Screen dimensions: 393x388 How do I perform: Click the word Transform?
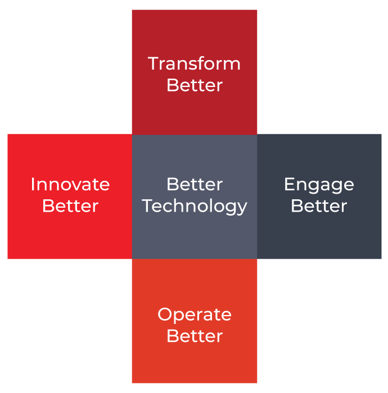(x=194, y=63)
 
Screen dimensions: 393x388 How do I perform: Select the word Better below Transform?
(x=195, y=85)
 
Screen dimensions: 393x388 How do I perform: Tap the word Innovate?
(x=70, y=184)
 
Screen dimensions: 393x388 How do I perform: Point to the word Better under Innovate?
(x=70, y=205)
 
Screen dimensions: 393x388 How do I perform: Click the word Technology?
(x=195, y=206)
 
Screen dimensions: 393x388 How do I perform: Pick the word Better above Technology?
(x=195, y=184)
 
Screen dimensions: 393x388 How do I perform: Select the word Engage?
(x=319, y=185)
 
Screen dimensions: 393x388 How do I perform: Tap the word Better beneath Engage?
(x=319, y=205)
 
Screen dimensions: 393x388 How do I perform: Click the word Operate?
(x=195, y=314)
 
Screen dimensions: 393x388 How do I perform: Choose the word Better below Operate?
(x=195, y=336)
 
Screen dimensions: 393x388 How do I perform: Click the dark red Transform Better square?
(x=195, y=34)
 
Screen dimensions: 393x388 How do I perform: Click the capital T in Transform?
(x=153, y=63)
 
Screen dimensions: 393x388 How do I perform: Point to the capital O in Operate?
(x=164, y=314)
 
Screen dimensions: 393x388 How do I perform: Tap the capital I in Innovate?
(x=33, y=184)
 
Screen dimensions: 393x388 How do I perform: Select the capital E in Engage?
(x=288, y=184)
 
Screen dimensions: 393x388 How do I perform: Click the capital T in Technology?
(x=148, y=205)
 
